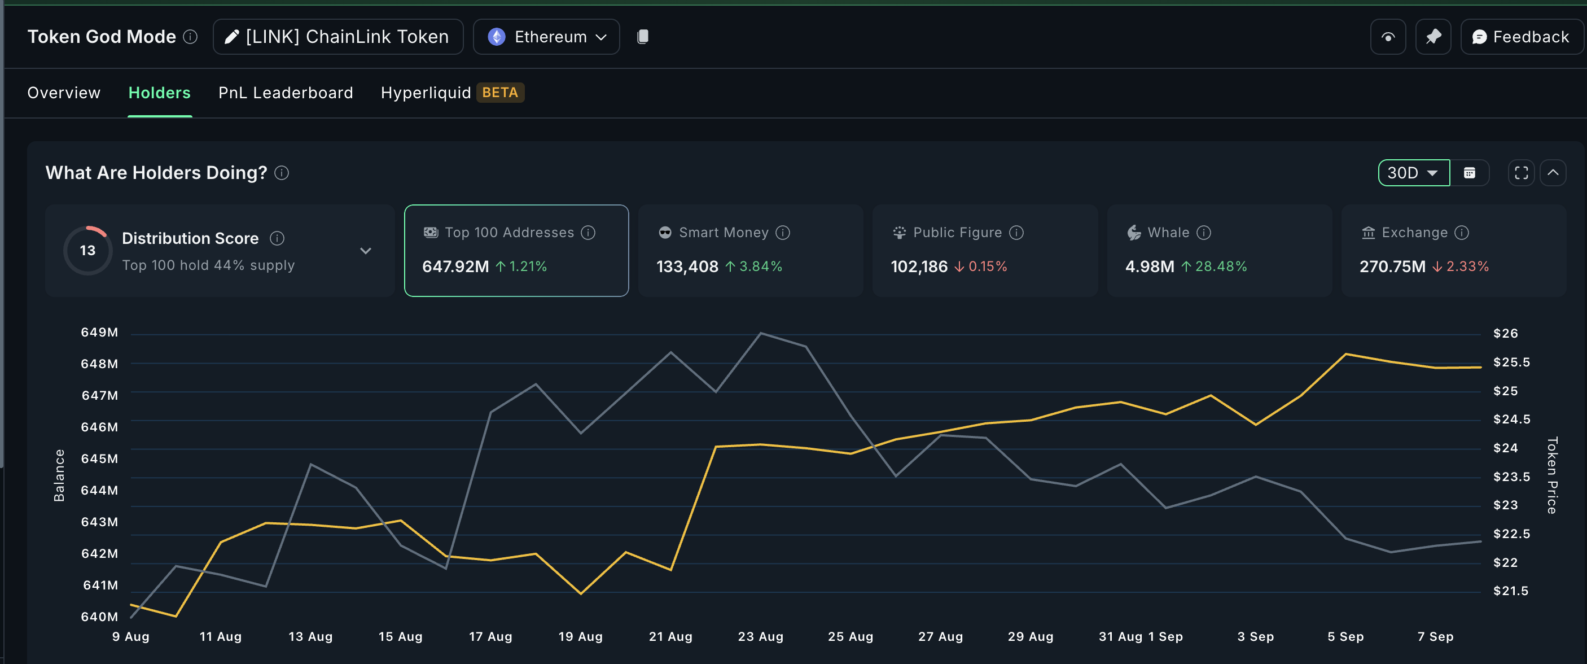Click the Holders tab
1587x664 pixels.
pyautogui.click(x=159, y=93)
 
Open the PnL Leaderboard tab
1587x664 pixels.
pyautogui.click(x=285, y=93)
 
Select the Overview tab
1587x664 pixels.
pyautogui.click(x=63, y=93)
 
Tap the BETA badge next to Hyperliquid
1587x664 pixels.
pyautogui.click(x=499, y=93)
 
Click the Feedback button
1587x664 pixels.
pyautogui.click(x=1520, y=37)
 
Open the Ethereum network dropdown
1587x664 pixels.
pyautogui.click(x=546, y=37)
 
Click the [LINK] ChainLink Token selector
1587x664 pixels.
pyautogui.click(x=337, y=37)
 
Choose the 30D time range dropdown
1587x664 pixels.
pyautogui.click(x=1413, y=173)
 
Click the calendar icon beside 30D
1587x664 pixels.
pyautogui.click(x=1470, y=173)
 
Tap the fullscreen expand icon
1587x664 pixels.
pyautogui.click(x=1521, y=173)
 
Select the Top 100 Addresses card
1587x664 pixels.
pyautogui.click(x=516, y=250)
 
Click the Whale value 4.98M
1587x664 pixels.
pyautogui.click(x=1150, y=267)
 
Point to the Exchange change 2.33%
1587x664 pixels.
pyautogui.click(x=1467, y=267)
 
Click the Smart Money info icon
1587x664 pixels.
pyautogui.click(x=782, y=233)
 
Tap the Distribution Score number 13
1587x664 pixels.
pyautogui.click(x=87, y=250)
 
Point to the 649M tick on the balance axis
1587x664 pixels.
pyautogui.click(x=99, y=333)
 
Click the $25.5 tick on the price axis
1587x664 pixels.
pyautogui.click(x=1511, y=362)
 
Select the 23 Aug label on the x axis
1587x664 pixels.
pyautogui.click(x=760, y=636)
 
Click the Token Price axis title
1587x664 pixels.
pyautogui.click(x=1552, y=475)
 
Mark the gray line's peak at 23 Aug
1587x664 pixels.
pyautogui.click(x=761, y=333)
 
